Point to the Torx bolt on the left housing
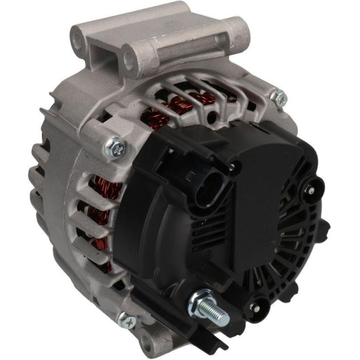point(114,148)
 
